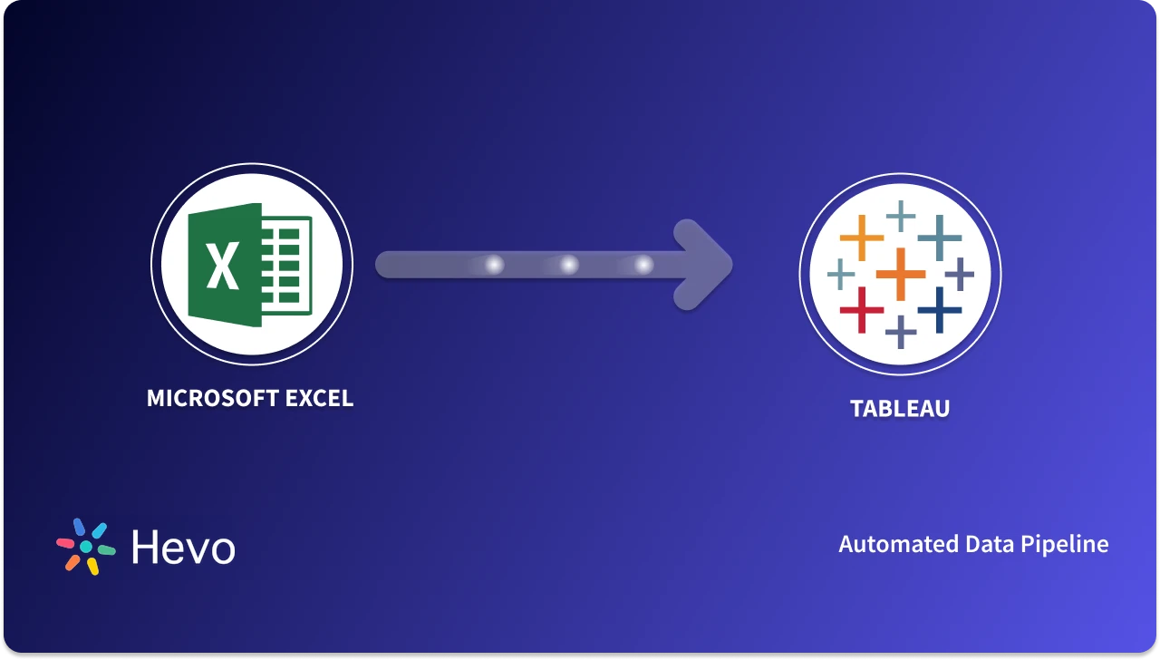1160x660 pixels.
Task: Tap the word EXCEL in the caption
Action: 318,398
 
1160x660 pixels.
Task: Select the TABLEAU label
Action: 900,409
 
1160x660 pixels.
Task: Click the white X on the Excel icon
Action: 222,266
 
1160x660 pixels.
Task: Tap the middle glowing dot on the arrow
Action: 569,265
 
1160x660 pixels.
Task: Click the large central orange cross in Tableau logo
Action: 901,273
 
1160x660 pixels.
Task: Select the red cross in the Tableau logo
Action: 861,309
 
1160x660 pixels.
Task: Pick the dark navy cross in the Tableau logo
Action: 940,310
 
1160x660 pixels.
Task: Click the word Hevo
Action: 183,548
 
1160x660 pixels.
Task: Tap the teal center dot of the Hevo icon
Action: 86,547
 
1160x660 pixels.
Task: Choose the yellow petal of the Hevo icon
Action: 92,567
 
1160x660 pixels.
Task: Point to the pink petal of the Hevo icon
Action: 66,543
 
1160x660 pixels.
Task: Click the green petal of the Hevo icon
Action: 106,550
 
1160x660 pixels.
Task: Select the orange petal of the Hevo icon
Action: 72,562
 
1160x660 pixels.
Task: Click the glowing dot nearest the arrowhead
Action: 643,265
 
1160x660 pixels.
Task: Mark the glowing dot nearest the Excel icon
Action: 494,265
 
